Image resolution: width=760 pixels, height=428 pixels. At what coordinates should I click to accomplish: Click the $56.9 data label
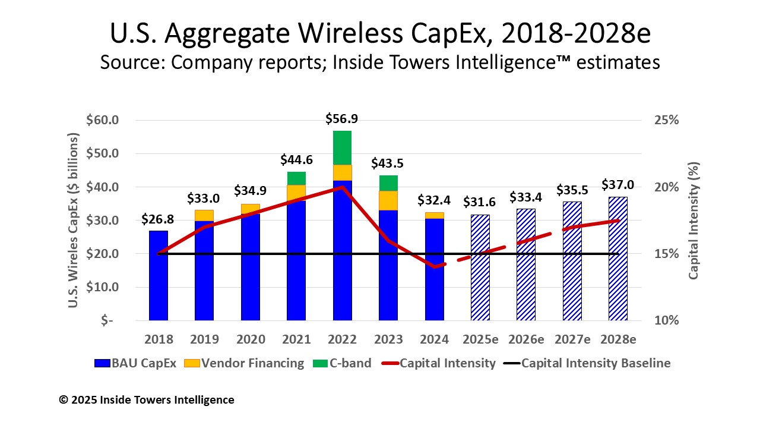coord(342,119)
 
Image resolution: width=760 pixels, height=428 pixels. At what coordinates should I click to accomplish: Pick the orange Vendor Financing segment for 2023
coord(388,200)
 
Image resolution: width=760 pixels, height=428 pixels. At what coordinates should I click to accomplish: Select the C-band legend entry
coord(344,363)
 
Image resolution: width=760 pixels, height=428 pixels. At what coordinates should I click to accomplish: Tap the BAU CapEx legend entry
coord(137,363)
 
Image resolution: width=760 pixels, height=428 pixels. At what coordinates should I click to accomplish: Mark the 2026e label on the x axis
coord(526,339)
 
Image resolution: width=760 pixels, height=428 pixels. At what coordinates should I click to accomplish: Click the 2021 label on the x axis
coord(296,339)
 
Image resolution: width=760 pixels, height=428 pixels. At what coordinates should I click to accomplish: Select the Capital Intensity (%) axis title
coord(694,220)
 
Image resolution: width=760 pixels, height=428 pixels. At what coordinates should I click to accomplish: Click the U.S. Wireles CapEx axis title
coord(74,220)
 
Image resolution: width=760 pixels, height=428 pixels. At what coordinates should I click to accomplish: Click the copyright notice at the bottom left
coord(147,400)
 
